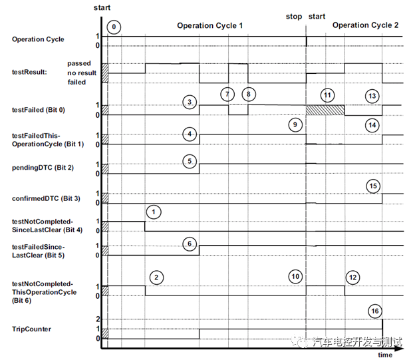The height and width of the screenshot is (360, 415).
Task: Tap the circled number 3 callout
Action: tap(190, 102)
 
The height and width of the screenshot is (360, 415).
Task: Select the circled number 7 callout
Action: tap(227, 94)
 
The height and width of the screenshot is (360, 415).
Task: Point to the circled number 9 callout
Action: tap(295, 124)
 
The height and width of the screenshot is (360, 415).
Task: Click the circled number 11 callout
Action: tap(326, 94)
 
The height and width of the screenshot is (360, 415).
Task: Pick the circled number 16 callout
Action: tap(376, 310)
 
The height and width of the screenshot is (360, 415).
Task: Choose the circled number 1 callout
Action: tap(154, 212)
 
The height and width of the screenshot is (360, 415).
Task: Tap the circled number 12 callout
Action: tap(352, 276)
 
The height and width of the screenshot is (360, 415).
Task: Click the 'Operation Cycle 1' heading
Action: tap(209, 25)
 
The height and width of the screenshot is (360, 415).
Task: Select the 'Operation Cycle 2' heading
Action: tap(365, 25)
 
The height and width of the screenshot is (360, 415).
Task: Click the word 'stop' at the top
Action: tap(293, 16)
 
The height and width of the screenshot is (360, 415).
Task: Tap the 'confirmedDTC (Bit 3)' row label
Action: tap(46, 198)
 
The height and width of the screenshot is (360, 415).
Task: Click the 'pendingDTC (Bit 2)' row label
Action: tap(42, 168)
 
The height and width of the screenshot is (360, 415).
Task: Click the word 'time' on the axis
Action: tap(385, 355)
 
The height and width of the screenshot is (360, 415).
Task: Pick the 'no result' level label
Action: tap(82, 73)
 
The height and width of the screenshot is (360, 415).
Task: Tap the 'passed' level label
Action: tap(80, 63)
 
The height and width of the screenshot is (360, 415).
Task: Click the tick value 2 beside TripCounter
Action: tap(98, 319)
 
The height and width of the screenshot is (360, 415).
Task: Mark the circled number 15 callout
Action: tap(373, 185)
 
